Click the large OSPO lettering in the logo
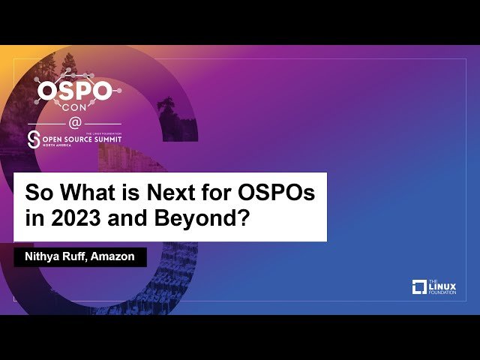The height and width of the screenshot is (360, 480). coord(75,92)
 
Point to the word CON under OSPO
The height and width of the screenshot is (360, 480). coord(75,109)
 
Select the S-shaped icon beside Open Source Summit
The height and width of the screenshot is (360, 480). coord(34,139)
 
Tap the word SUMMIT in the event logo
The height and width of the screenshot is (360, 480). coord(103,138)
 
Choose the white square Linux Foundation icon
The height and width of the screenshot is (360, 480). coord(420,286)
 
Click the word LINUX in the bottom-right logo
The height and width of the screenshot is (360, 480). coord(442,284)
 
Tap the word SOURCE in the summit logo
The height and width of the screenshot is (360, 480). coord(72,138)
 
